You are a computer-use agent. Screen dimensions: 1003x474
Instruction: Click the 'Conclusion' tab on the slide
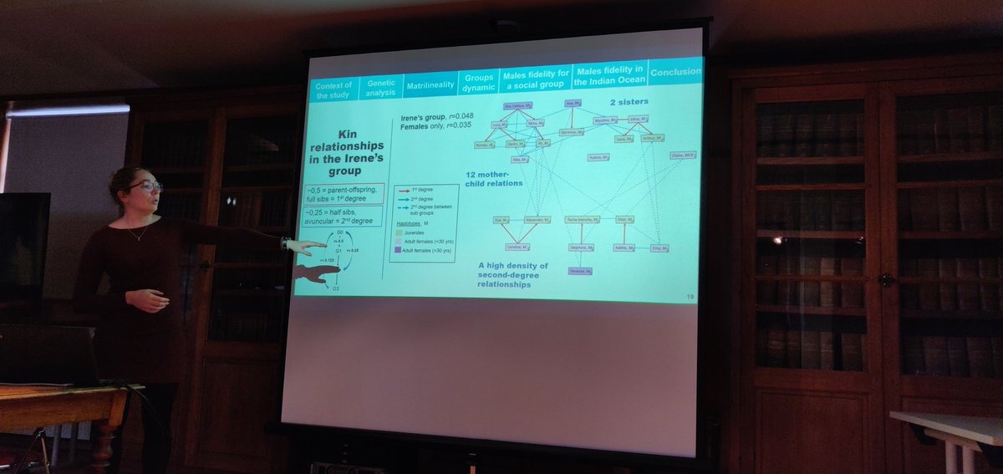coord(675,72)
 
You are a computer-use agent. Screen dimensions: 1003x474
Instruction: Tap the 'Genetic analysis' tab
coord(381,89)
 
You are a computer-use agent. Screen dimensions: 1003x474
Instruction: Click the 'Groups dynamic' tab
coord(479,83)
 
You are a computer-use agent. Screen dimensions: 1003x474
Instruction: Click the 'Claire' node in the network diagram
coord(682,155)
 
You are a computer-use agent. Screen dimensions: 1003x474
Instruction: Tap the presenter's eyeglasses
coord(144,186)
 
